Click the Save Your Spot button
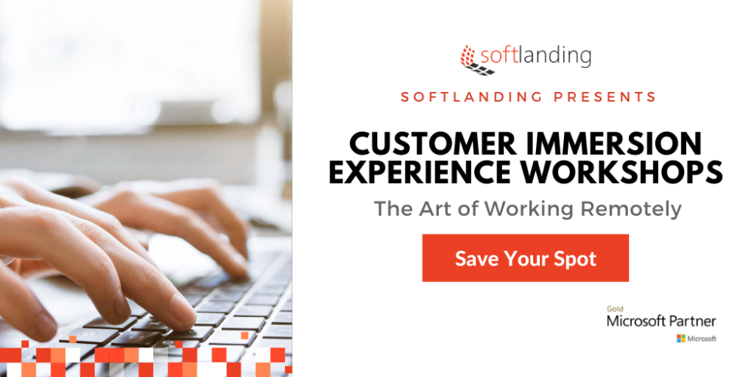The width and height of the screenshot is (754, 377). [525, 258]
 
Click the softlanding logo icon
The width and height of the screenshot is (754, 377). [477, 60]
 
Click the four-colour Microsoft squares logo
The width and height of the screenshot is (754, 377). [681, 339]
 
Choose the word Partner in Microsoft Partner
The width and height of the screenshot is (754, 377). [693, 320]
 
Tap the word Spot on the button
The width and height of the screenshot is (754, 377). [576, 259]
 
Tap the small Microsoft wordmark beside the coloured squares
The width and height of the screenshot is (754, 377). [701, 339]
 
